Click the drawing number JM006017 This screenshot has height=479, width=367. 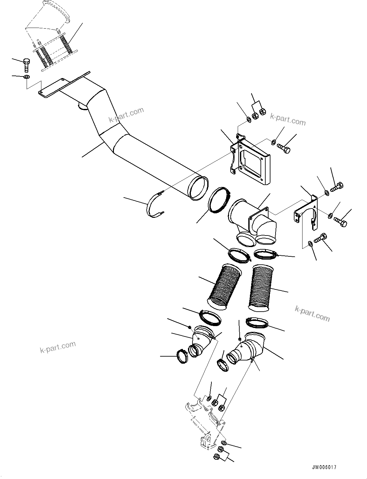[324, 467]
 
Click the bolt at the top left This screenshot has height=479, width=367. [26, 65]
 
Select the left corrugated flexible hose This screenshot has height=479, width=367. [224, 286]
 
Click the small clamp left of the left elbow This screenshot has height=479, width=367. [182, 357]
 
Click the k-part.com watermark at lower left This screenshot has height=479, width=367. [58, 347]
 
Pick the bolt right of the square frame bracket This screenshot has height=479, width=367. [284, 148]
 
